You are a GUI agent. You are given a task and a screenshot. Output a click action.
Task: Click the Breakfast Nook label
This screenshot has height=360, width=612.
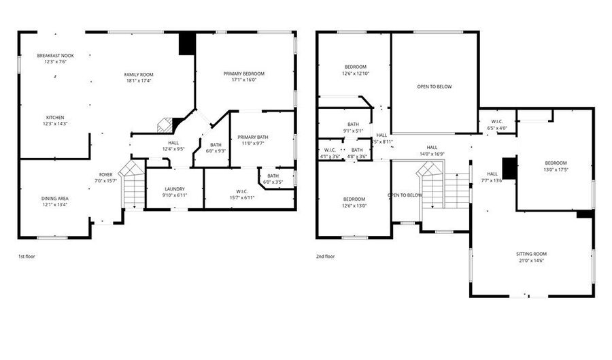tap(56, 55)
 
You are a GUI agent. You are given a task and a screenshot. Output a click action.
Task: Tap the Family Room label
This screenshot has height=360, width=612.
tap(138, 74)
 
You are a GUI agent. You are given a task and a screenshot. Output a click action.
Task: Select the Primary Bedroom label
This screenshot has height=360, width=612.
tap(244, 73)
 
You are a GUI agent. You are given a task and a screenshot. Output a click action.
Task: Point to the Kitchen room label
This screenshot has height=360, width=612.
tap(56, 116)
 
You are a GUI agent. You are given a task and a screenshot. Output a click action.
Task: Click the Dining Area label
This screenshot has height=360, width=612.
tap(55, 198)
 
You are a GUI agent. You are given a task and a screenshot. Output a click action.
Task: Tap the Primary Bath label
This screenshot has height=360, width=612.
tap(253, 137)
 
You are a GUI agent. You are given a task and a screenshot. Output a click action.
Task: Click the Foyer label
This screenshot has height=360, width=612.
tap(105, 174)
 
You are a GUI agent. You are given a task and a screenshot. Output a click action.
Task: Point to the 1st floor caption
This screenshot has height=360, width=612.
tap(27, 257)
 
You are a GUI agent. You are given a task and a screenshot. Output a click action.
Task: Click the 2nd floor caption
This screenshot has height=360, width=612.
tap(326, 257)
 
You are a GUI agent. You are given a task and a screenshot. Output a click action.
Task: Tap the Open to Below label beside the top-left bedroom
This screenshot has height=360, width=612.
tap(435, 86)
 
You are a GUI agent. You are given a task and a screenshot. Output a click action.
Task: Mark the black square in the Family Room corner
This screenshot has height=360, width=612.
tap(187, 44)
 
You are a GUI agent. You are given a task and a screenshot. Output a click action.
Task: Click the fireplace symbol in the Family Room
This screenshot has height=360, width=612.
tap(164, 125)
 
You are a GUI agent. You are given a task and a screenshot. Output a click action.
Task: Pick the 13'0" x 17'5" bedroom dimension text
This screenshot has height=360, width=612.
tap(555, 169)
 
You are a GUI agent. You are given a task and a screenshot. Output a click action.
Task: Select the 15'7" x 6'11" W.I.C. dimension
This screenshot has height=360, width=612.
tap(242, 197)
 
